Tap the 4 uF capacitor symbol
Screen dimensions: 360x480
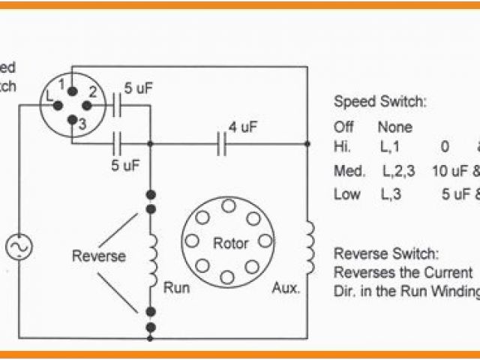click(222, 142)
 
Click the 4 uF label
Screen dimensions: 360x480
click(243, 127)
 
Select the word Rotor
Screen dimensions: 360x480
click(230, 243)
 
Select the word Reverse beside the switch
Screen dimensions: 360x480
click(98, 256)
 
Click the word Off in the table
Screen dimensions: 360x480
click(344, 127)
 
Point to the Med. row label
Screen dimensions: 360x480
click(349, 171)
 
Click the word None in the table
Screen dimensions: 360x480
click(394, 127)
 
